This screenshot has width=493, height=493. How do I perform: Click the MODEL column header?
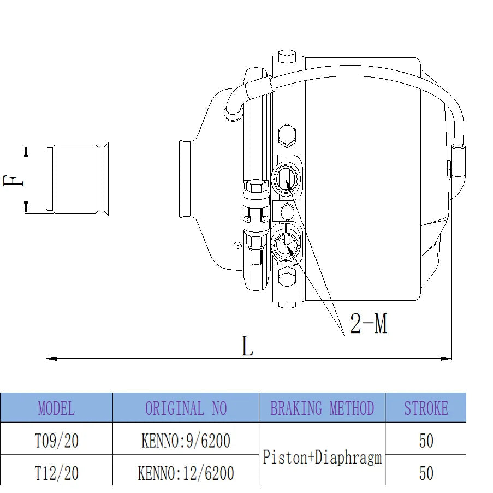click(57, 408)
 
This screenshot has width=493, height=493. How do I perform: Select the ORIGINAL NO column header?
click(186, 408)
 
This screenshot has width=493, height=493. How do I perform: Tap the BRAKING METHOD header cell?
click(322, 408)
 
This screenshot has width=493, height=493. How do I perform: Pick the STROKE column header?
click(426, 408)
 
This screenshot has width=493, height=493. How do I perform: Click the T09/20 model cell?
click(57, 441)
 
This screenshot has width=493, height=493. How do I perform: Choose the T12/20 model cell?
click(57, 473)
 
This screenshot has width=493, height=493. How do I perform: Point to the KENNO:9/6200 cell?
click(186, 441)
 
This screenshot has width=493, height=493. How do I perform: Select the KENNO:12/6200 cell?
click(186, 473)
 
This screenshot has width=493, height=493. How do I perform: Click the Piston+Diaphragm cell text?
click(322, 458)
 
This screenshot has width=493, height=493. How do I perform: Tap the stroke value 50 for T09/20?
click(426, 441)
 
